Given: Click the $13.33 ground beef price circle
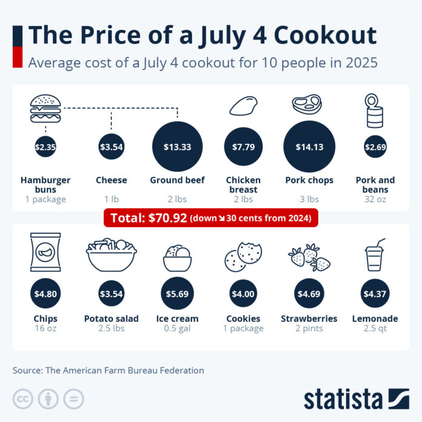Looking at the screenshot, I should tap(177, 147).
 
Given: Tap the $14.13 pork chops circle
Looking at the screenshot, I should tap(309, 147).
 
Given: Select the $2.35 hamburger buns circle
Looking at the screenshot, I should tap(45, 147).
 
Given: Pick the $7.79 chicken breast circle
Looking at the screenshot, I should tap(243, 147).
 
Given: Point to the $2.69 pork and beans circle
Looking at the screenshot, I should tap(375, 147).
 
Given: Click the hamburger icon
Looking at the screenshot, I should tap(45, 107).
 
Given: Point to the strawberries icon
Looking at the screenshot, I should tap(309, 258).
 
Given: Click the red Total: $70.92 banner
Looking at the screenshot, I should tap(211, 217).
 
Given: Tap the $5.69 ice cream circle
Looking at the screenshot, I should tap(177, 295).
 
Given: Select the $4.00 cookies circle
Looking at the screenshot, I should tap(243, 295).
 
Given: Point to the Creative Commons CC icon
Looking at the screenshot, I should tap(23, 398).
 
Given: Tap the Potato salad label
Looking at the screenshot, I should tap(111, 318).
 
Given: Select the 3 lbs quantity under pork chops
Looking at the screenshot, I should tap(309, 199).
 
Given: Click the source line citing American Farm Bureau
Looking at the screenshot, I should tap(109, 370).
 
